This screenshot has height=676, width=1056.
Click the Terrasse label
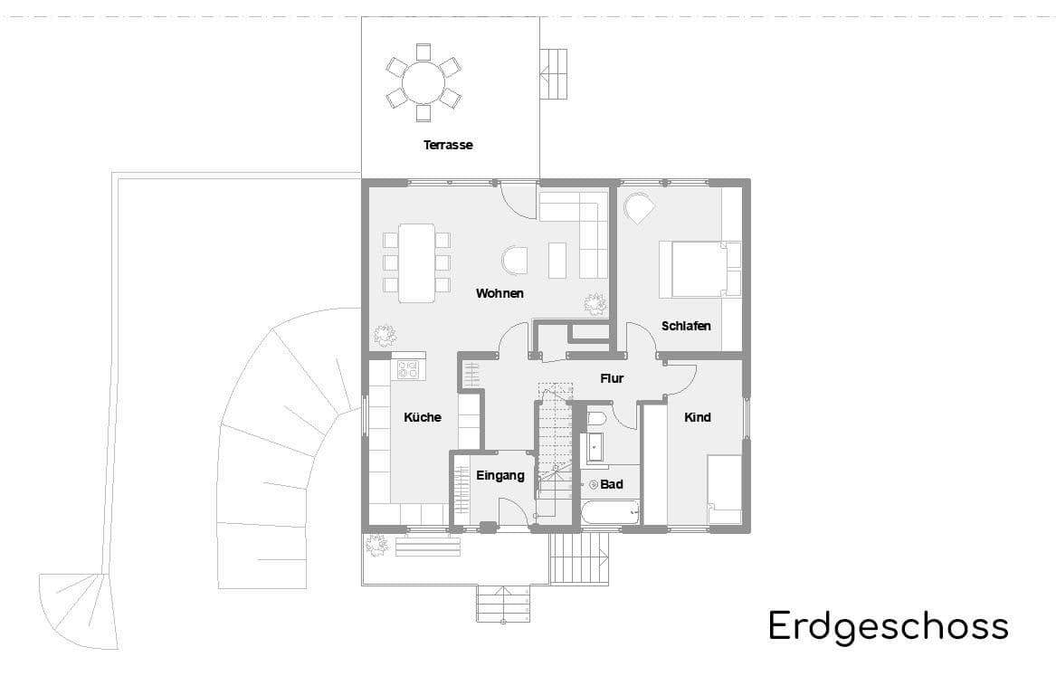click(x=448, y=145)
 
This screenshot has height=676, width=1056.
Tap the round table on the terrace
click(x=423, y=82)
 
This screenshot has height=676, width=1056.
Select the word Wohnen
click(x=499, y=293)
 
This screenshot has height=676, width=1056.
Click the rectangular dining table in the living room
click(x=416, y=262)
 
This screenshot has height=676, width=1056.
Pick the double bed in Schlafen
click(x=699, y=269)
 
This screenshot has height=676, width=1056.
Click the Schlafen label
click(x=686, y=326)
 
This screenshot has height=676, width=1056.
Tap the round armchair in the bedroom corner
click(x=639, y=208)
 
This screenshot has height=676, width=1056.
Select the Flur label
click(x=612, y=378)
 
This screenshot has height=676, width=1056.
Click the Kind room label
click(x=697, y=417)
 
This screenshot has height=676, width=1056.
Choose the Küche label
click(x=423, y=417)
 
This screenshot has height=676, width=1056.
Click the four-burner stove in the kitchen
click(x=408, y=369)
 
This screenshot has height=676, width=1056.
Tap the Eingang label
click(x=500, y=476)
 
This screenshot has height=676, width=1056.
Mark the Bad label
click(x=612, y=484)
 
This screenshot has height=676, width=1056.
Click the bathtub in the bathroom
click(x=609, y=512)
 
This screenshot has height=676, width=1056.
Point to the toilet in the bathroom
click(x=595, y=420)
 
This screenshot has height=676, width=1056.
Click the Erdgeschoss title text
click(x=888, y=626)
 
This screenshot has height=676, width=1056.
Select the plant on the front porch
click(x=376, y=545)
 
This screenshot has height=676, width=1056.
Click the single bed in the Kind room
click(x=724, y=489)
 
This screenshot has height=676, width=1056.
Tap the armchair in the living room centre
click(x=515, y=261)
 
